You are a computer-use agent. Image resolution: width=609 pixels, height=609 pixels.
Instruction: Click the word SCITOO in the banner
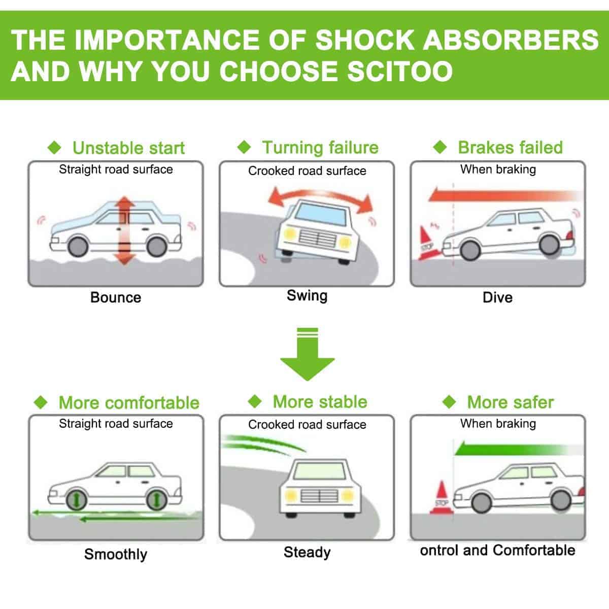(x=387, y=71)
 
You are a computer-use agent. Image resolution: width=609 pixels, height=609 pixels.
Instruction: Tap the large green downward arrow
(x=307, y=358)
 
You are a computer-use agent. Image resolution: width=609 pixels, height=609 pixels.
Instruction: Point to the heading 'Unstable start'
(x=128, y=148)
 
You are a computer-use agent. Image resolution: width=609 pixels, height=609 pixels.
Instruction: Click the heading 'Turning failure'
(x=320, y=148)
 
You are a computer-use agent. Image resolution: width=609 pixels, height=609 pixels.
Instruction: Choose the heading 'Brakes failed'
(x=510, y=147)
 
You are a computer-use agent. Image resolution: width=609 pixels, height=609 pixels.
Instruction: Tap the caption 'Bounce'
(x=116, y=297)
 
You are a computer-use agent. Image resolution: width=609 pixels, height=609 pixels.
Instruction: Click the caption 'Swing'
(x=307, y=295)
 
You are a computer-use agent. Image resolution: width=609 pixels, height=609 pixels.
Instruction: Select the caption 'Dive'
(x=497, y=297)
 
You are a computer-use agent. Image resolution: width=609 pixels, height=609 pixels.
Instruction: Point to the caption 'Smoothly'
(x=116, y=554)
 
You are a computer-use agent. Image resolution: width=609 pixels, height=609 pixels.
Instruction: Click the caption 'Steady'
(x=307, y=552)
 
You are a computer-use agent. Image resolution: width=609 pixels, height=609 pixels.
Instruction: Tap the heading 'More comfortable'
(x=129, y=403)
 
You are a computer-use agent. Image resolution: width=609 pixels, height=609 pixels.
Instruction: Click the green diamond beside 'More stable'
(x=255, y=402)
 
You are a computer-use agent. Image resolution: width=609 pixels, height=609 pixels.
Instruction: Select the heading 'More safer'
(x=510, y=402)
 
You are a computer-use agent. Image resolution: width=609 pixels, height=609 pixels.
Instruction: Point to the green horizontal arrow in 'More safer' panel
(x=513, y=449)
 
